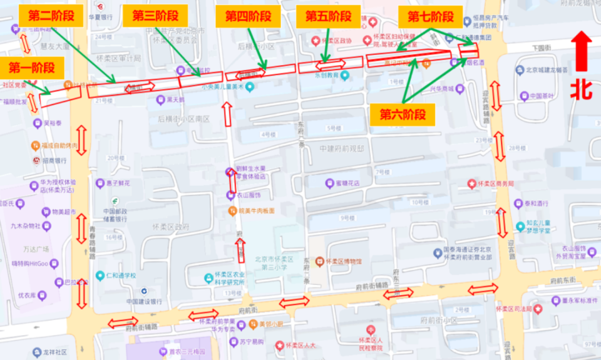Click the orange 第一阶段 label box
tap(31, 68)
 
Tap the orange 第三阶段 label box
tap(155, 16)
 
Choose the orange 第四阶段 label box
tap(247, 16)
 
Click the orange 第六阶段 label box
tap(403, 114)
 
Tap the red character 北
tap(582, 89)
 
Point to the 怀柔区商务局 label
tap(495, 183)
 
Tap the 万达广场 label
tap(37, 249)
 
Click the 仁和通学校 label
tap(120, 275)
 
